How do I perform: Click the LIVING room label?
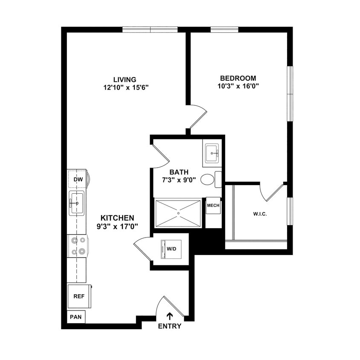coord(125,79)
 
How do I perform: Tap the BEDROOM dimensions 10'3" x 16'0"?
coord(238,86)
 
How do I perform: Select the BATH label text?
coord(179,172)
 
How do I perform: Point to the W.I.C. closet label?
coord(259,214)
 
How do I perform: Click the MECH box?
coord(213,205)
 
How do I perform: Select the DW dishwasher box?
coord(78,179)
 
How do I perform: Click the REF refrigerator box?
coord(78,296)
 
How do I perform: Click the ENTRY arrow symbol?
coord(169,316)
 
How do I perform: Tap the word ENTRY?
coord(169,326)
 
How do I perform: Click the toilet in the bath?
coord(208,179)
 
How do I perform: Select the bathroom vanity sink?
coord(212,153)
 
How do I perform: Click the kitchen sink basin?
coord(77,203)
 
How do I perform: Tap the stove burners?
coord(78,246)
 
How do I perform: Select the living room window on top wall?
coord(150,29)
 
